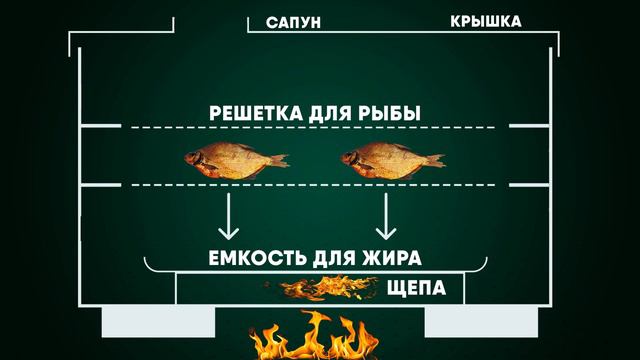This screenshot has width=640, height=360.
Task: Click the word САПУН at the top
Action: pyautogui.click(x=294, y=22)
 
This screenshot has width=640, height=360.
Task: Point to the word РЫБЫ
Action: pyautogui.click(x=387, y=114)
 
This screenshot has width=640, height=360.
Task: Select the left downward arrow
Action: pyautogui.click(x=229, y=212)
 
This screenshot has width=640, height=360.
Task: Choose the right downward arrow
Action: pyautogui.click(x=386, y=212)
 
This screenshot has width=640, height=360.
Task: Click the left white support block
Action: pyautogui.click(x=158, y=323)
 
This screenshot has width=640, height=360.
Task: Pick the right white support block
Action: pyautogui.click(x=466, y=323)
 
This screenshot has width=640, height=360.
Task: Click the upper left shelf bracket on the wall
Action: pyautogui.click(x=99, y=126)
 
